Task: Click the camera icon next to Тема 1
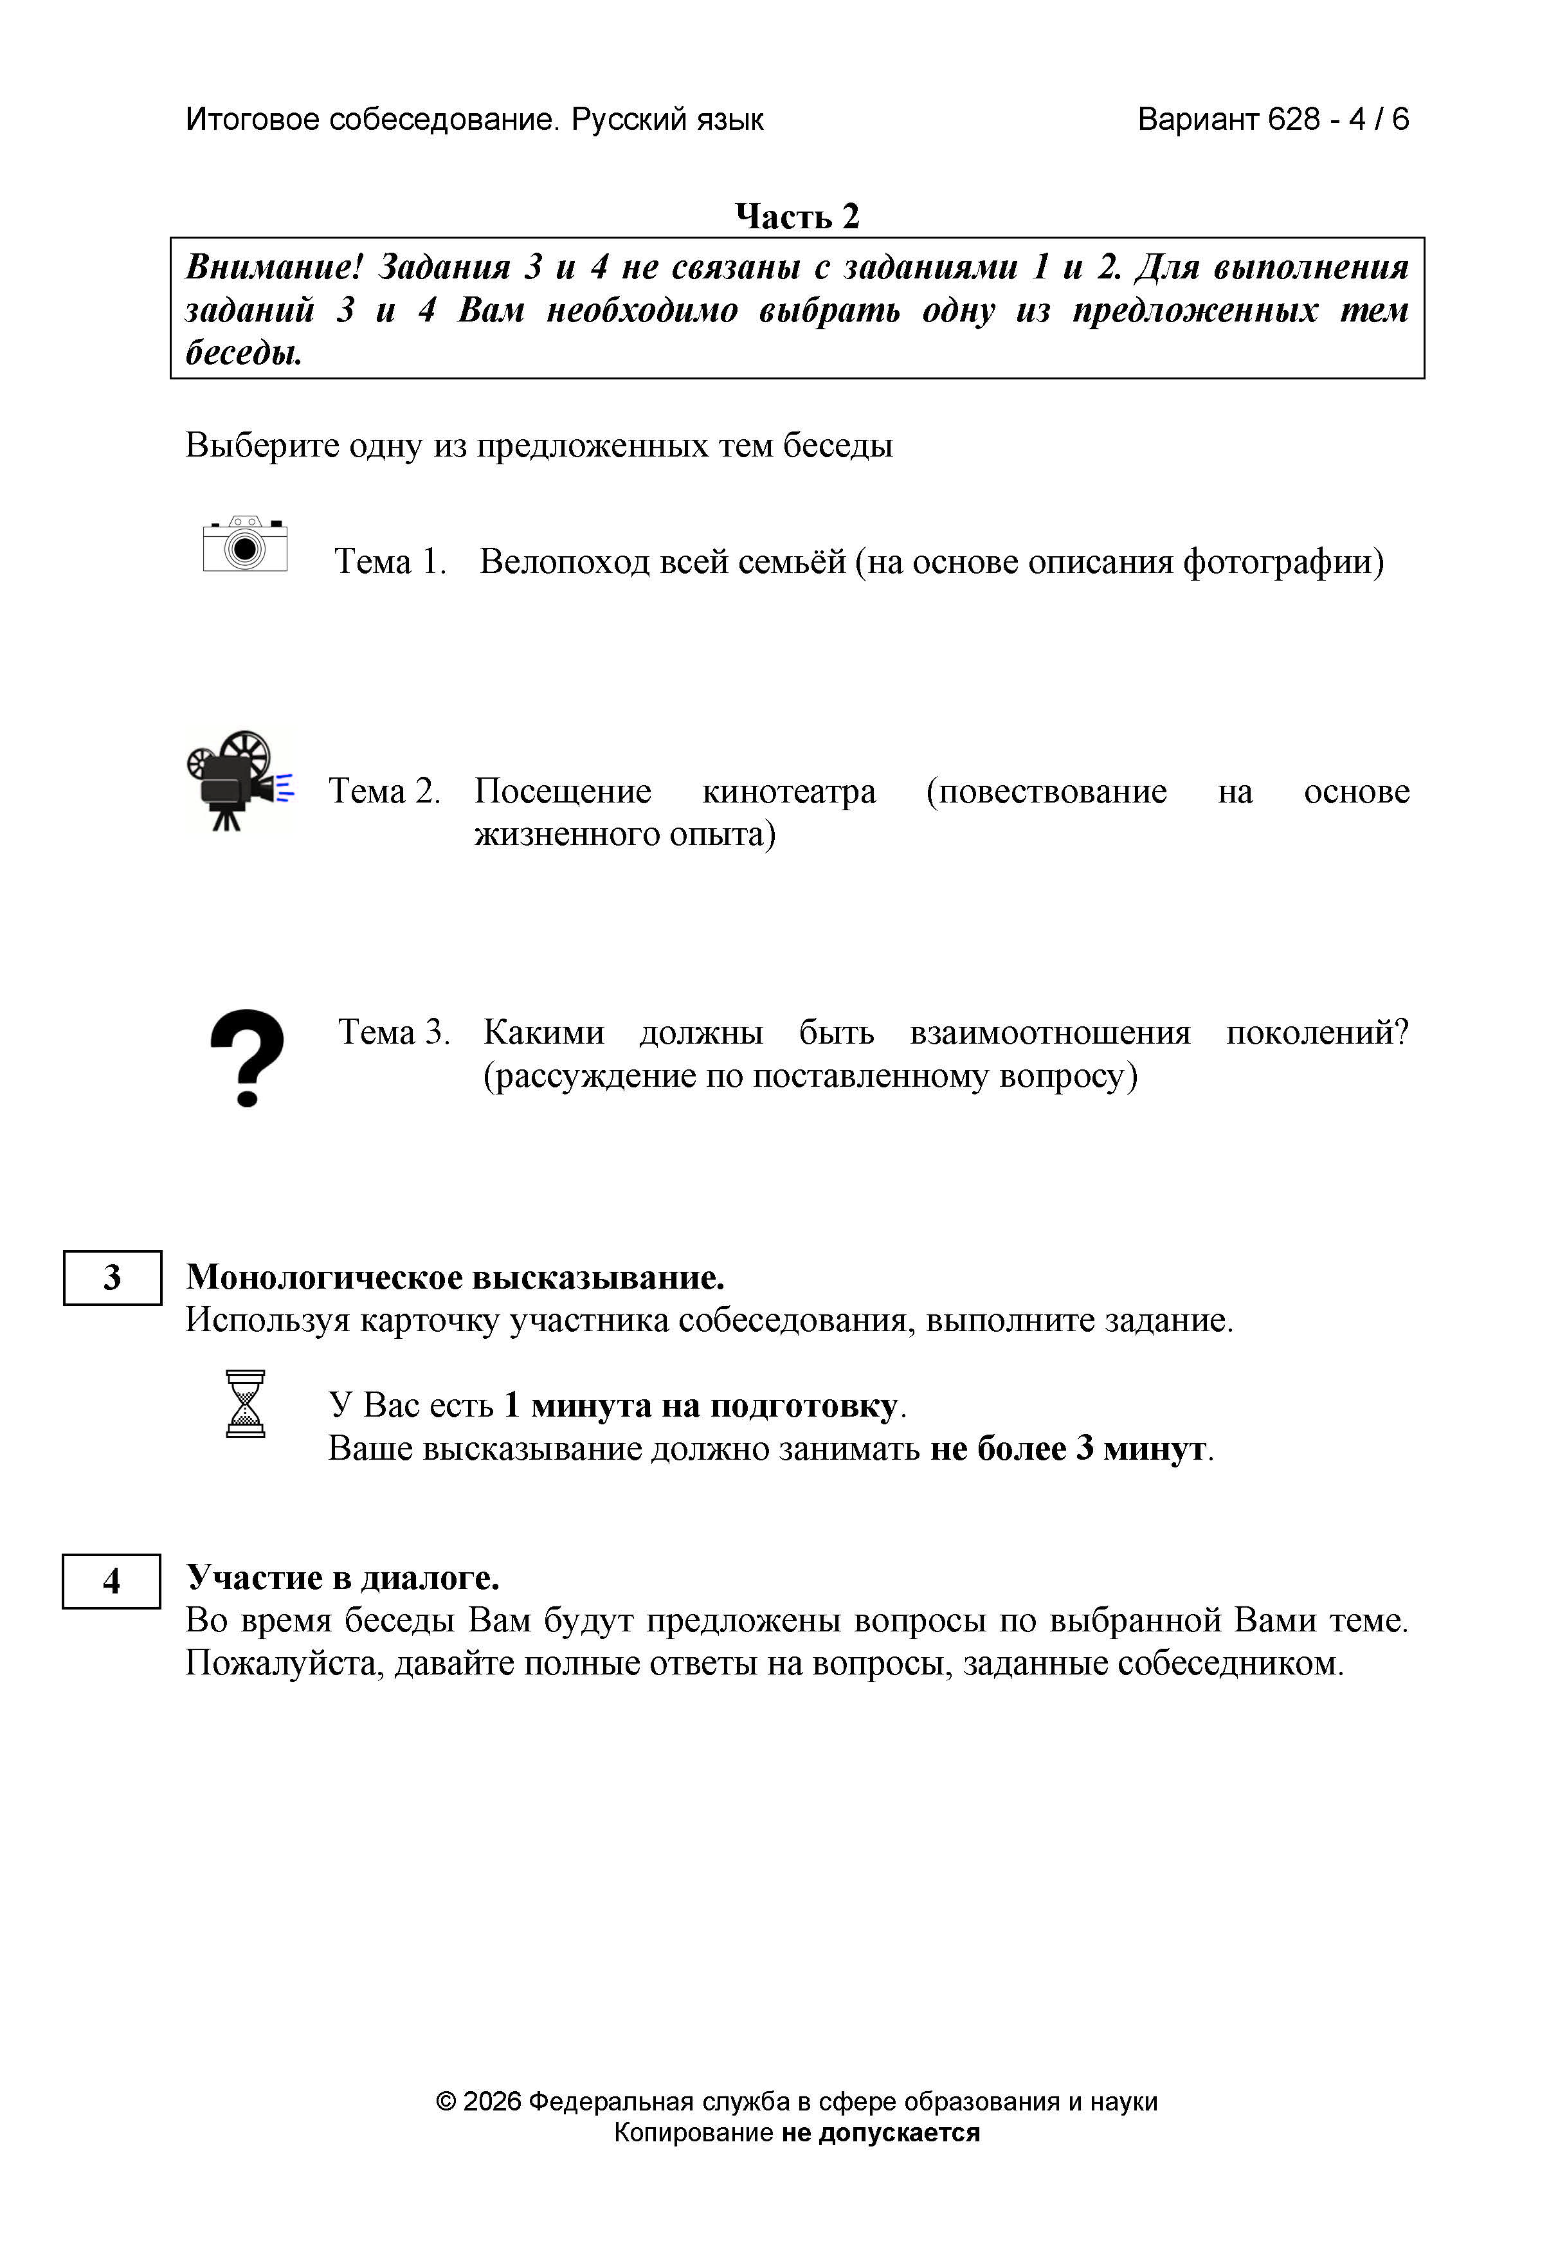pyautogui.click(x=245, y=545)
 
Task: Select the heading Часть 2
pyautogui.click(x=797, y=217)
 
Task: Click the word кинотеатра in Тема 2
pyautogui.click(x=789, y=790)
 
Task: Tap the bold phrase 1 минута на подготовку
pyautogui.click(x=700, y=1406)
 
